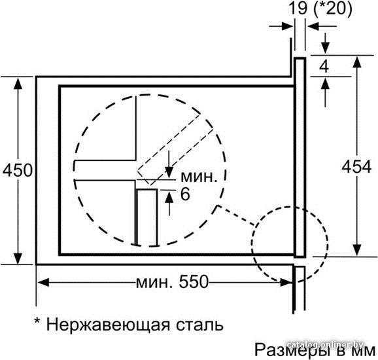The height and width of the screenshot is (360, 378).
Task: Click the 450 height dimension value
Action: (x=18, y=170)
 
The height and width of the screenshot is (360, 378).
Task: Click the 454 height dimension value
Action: (x=356, y=166)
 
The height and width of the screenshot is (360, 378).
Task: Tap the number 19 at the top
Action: (x=298, y=8)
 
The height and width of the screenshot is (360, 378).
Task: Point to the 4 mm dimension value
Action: (x=324, y=67)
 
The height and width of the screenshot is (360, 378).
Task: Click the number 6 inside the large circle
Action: (x=185, y=194)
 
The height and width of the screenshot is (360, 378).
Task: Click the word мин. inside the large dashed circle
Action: (x=199, y=177)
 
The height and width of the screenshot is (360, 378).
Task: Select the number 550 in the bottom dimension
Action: (x=194, y=281)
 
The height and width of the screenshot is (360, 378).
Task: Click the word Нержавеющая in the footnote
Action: (x=108, y=325)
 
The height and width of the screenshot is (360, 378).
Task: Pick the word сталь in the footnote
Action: (x=199, y=325)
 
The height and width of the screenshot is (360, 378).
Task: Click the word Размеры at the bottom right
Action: (x=292, y=350)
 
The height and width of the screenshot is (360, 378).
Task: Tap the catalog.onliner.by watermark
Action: (x=326, y=345)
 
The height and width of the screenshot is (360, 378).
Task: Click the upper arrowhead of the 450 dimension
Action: (x=18, y=84)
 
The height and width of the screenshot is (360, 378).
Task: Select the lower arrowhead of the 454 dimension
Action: (x=357, y=250)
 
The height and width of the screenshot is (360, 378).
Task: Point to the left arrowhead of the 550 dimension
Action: (x=43, y=282)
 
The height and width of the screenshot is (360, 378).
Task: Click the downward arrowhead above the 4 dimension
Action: (x=326, y=48)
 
